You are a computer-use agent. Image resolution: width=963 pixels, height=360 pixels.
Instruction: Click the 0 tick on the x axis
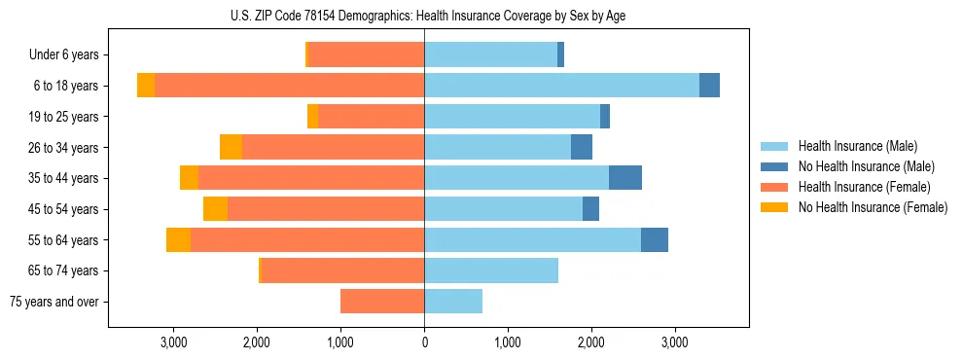point(424,343)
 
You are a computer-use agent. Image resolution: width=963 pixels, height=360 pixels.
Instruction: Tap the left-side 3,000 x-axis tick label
point(173,343)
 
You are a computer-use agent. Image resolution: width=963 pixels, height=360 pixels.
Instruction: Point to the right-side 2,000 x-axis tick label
point(591,343)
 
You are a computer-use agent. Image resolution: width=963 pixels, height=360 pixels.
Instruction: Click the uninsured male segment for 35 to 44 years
point(625,178)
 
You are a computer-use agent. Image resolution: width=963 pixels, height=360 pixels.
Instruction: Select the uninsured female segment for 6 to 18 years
point(146,86)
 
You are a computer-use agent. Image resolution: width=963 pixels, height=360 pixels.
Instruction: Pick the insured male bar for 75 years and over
point(453,302)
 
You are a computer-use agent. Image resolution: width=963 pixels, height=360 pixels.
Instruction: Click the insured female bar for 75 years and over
point(382,302)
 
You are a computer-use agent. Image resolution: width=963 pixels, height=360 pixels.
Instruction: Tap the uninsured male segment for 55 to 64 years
point(655,239)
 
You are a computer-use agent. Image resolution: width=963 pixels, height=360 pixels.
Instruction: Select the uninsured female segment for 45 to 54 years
point(215,209)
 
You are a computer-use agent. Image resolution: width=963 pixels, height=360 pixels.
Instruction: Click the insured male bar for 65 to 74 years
point(491,270)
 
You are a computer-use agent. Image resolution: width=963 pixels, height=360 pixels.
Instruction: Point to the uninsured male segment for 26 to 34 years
point(582,147)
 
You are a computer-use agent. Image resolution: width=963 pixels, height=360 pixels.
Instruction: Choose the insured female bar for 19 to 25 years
point(371,117)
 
